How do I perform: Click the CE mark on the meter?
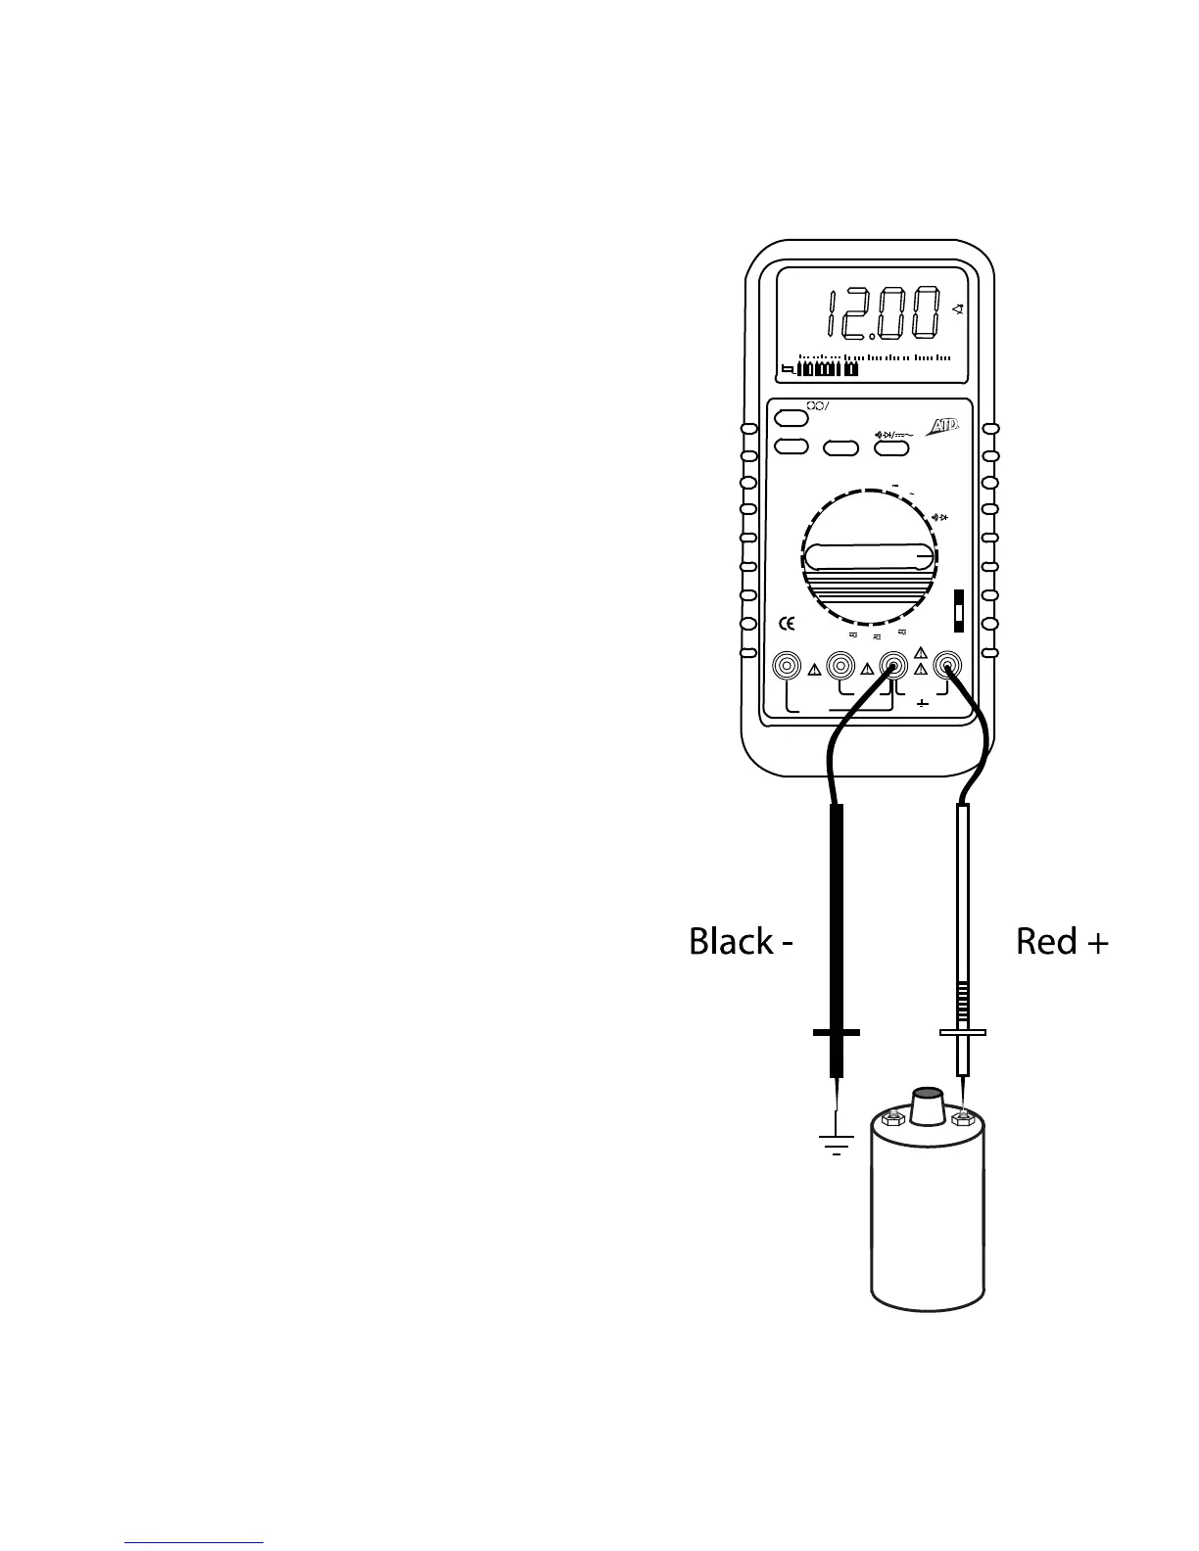786,623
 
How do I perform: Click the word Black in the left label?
730,941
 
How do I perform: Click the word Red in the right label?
1046,941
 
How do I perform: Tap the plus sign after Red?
1097,943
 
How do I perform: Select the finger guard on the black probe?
837,1032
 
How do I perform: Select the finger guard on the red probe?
962,1032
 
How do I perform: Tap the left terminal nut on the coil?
890,1117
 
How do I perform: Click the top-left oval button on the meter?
791,419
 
